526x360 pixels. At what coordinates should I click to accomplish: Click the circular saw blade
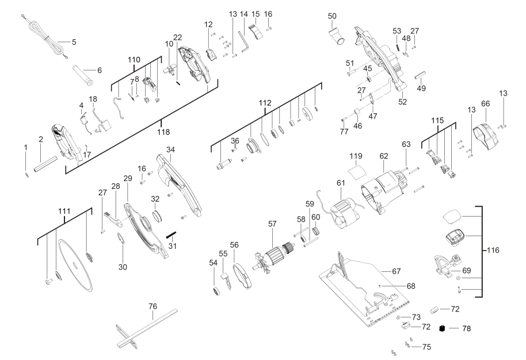75,266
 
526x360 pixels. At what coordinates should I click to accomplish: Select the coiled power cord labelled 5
43,36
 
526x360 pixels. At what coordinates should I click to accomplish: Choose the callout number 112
264,103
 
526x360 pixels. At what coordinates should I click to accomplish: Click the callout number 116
493,251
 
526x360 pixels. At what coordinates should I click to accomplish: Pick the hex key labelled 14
244,42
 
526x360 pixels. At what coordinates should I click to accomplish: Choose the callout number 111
65,212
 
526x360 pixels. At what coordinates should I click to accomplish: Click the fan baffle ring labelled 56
243,276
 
